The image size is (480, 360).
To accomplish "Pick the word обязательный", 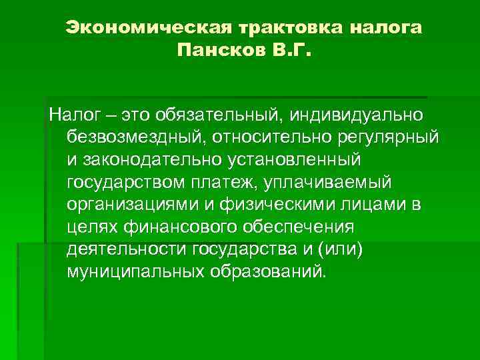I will pyautogui.click(x=221, y=114).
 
